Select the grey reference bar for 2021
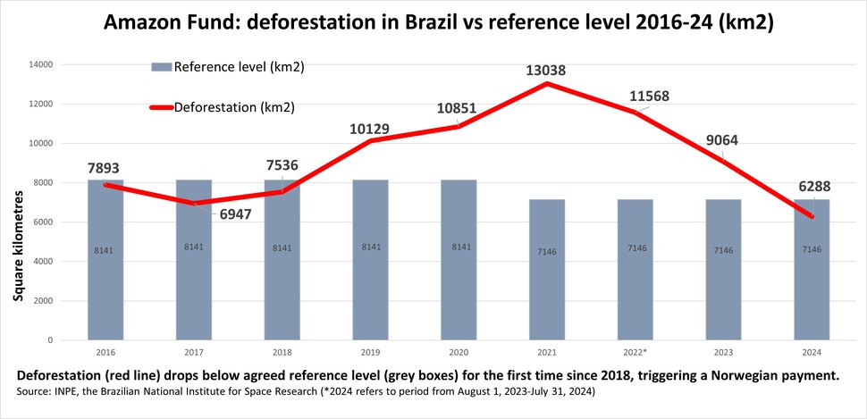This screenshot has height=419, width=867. (x=547, y=286)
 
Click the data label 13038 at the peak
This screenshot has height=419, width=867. (x=546, y=70)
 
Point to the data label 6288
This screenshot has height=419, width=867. (x=813, y=188)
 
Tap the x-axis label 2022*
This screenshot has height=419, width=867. (x=636, y=352)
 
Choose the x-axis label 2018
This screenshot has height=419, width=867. (x=282, y=352)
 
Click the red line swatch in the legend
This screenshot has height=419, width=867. (x=160, y=107)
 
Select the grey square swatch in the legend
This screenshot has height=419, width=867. (x=161, y=66)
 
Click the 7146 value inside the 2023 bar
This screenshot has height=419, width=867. (x=724, y=251)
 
